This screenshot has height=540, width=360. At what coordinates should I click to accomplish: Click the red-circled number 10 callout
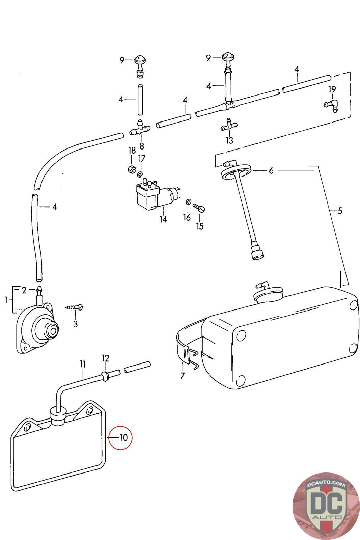click(123, 437)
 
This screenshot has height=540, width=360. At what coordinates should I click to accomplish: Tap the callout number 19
click(332, 89)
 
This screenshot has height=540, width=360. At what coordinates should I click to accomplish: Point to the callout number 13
click(230, 140)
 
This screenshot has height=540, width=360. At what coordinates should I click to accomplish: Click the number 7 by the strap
click(183, 376)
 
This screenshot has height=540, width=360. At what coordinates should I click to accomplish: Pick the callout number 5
click(340, 211)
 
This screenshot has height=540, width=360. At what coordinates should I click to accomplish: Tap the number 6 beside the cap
click(271, 171)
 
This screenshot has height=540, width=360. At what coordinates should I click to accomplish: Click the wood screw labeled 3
click(74, 308)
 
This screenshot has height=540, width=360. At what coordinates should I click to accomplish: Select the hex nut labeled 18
click(131, 169)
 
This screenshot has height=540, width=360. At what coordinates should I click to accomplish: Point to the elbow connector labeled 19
click(331, 105)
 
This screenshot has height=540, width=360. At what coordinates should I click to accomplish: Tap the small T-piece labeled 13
click(229, 125)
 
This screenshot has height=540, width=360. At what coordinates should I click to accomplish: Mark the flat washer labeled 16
click(189, 201)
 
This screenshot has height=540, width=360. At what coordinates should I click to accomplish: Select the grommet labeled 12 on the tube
click(105, 376)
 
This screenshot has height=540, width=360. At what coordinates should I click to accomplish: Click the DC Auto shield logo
click(326, 506)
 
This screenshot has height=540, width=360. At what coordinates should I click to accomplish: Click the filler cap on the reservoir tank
click(268, 292)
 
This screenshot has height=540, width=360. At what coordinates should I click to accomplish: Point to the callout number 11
click(83, 364)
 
